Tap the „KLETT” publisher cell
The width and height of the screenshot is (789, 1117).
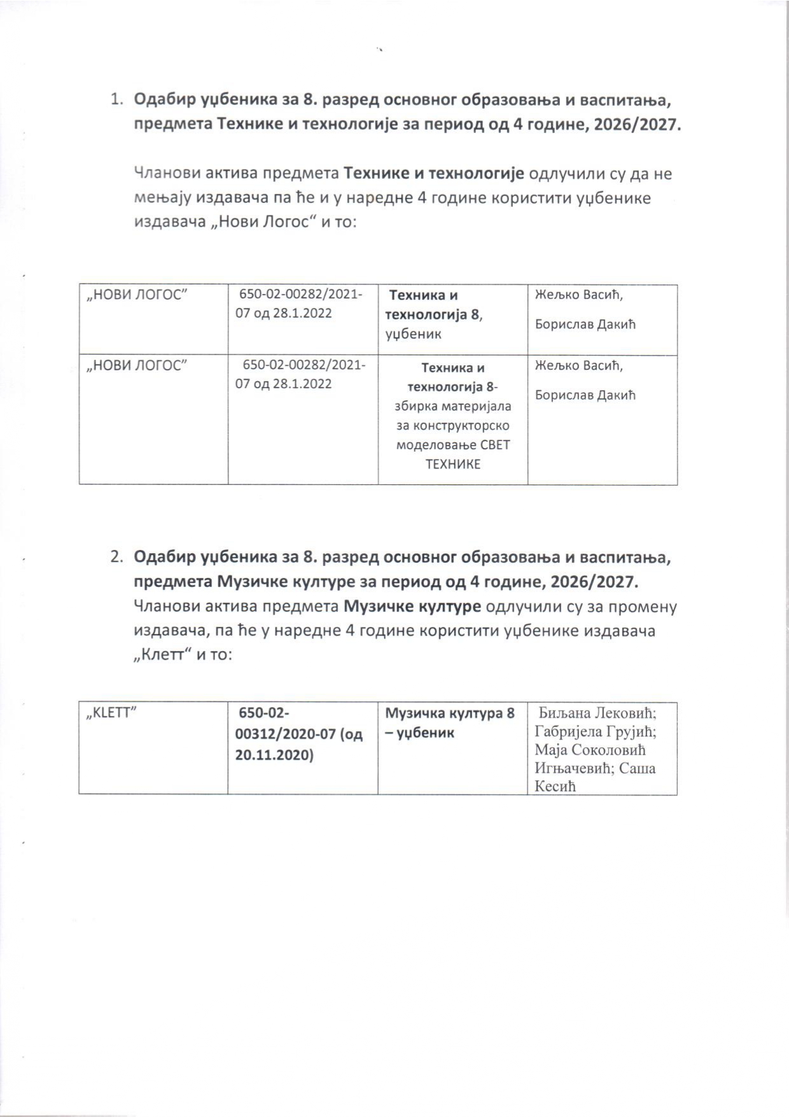[112, 713]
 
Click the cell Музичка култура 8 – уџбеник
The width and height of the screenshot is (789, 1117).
[449, 723]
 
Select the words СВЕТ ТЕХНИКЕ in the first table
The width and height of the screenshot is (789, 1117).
[452, 454]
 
